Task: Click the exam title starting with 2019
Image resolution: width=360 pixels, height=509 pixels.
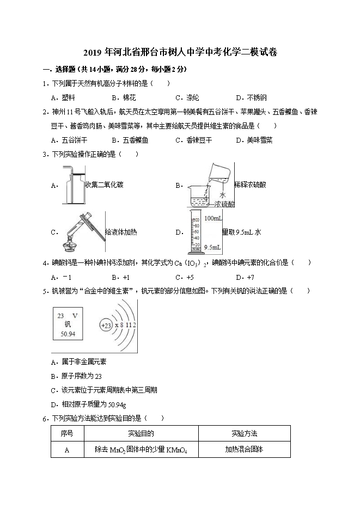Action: pos(180,53)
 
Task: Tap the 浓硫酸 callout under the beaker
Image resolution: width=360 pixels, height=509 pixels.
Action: pos(224,204)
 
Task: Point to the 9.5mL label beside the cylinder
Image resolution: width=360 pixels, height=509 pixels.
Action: pos(212,248)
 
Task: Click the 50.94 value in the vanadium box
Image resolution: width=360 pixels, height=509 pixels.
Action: pos(68,334)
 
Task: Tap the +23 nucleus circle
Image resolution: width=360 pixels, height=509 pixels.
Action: pos(106,325)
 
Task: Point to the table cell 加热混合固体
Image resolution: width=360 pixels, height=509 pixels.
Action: pos(244,450)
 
